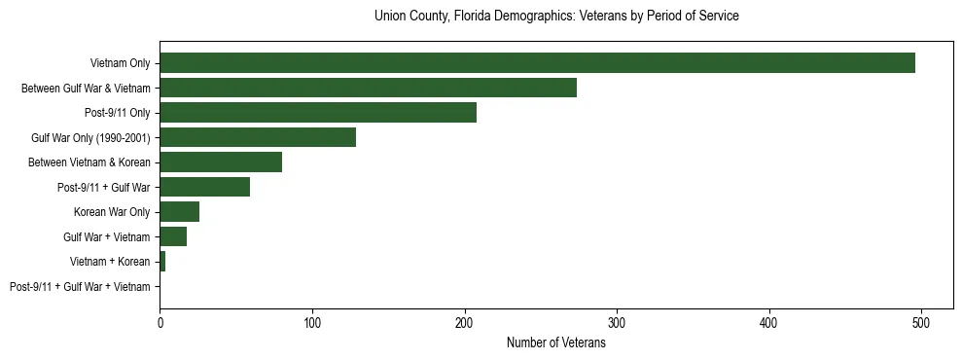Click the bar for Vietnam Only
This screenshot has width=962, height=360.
click(x=537, y=63)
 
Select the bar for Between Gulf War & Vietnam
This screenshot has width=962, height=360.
click(x=368, y=88)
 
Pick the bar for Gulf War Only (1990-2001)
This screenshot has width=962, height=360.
click(x=258, y=137)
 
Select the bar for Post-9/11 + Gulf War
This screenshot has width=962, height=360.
click(x=205, y=187)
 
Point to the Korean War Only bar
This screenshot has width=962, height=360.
click(x=180, y=212)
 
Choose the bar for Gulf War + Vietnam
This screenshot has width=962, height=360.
click(x=173, y=236)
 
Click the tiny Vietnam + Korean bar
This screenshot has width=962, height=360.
click(x=162, y=262)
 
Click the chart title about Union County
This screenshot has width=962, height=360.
click(x=556, y=17)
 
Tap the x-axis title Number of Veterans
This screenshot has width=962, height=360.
click(x=556, y=342)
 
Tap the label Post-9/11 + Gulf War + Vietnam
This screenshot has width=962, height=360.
click(x=80, y=287)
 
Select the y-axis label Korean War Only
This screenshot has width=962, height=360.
click(x=112, y=212)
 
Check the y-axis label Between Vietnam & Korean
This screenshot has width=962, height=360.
click(x=89, y=162)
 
